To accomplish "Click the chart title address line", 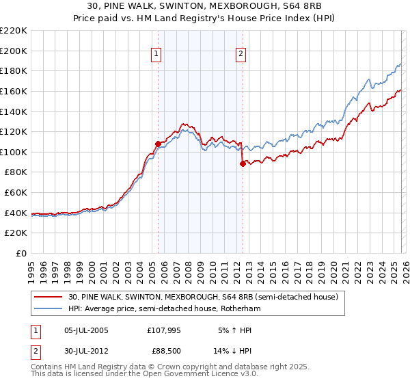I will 205,5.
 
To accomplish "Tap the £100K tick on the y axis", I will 14,152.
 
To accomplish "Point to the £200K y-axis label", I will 14,51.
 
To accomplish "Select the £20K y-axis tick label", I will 16,233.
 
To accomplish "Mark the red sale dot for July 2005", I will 158,144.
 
